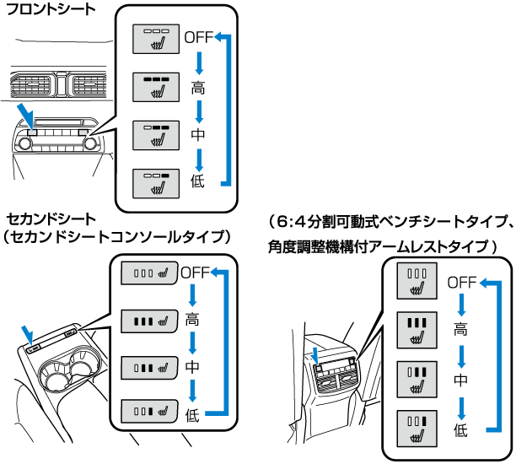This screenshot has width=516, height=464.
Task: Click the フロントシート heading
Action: click(x=50, y=11)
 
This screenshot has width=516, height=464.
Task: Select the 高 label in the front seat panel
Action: click(x=197, y=86)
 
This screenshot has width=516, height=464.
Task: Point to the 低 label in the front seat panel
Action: click(x=197, y=182)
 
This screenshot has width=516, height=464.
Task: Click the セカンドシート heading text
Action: click(x=51, y=220)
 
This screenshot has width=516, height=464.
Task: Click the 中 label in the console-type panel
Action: click(x=193, y=367)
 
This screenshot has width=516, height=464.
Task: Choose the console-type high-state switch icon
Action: click(x=148, y=321)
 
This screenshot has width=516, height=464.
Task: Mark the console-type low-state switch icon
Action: click(x=148, y=413)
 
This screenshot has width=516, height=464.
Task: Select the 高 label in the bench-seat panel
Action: click(x=460, y=330)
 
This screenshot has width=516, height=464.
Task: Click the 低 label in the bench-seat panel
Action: click(x=460, y=429)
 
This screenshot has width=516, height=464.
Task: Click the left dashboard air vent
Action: click(x=31, y=84)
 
